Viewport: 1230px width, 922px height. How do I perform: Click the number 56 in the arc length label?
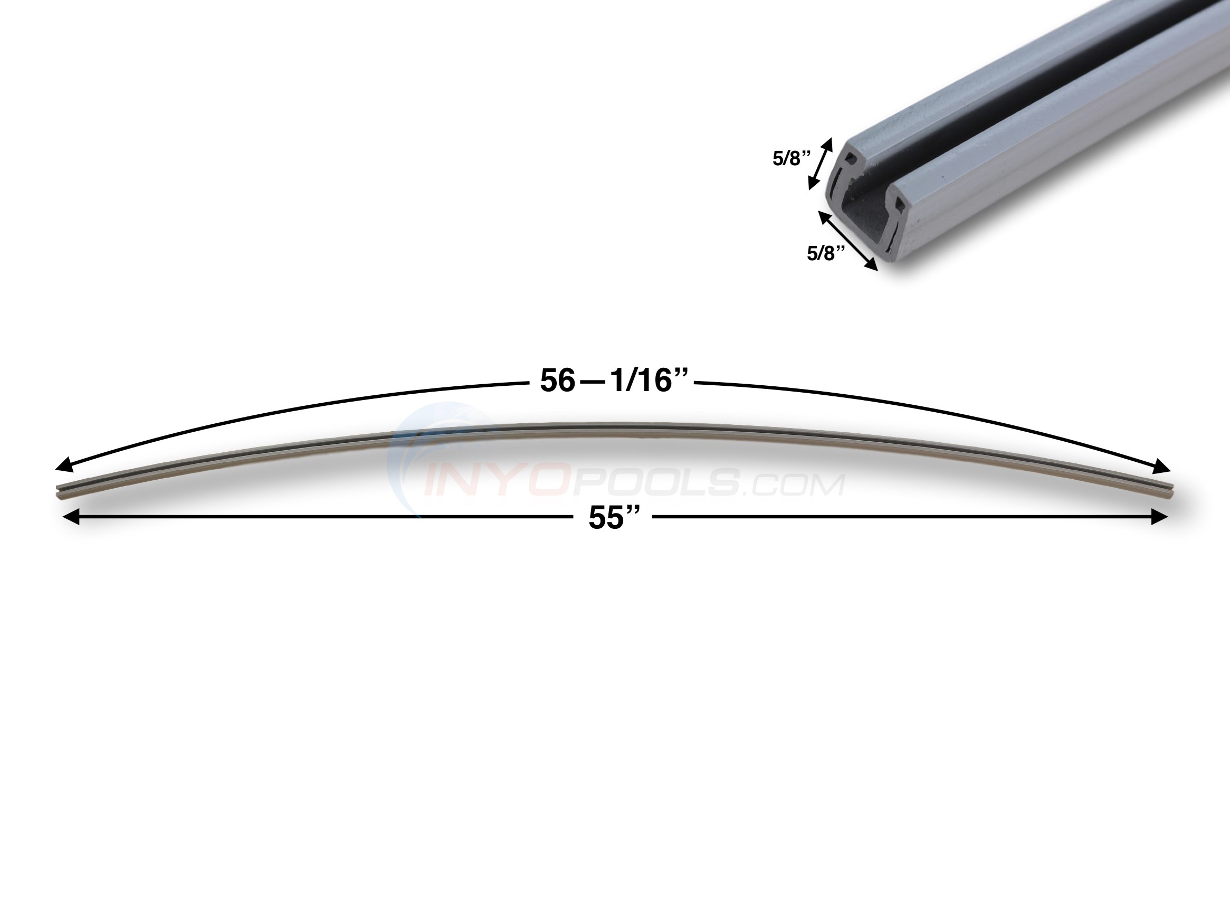(557, 382)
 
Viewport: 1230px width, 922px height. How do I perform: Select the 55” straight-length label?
(612, 518)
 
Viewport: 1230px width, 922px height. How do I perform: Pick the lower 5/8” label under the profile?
(826, 253)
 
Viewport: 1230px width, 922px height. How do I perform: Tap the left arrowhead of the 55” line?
(70, 518)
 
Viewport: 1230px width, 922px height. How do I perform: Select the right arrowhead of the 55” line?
(1159, 518)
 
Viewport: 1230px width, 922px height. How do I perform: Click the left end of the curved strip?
(60, 493)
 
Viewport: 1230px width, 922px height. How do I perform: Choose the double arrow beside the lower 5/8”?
(847, 240)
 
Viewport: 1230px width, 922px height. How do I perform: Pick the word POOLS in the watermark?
(656, 483)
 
